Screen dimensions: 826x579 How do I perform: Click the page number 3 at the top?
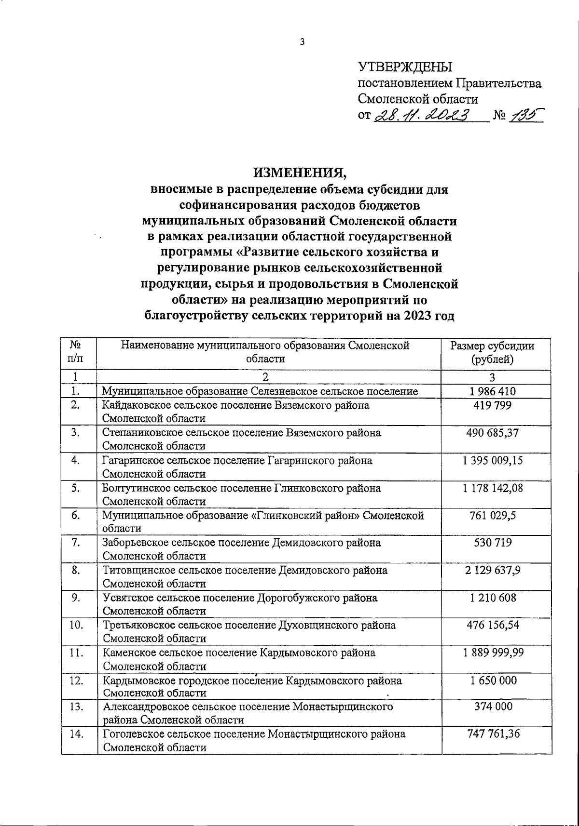pyautogui.click(x=303, y=42)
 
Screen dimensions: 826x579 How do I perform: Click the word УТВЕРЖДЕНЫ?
pyautogui.click(x=405, y=67)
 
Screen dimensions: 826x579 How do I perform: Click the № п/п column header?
pyautogui.click(x=75, y=352)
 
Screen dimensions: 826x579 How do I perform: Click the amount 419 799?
pyautogui.click(x=492, y=405)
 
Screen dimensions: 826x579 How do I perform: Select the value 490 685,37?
pyautogui.click(x=492, y=433)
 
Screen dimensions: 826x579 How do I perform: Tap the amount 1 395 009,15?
pyautogui.click(x=492, y=460)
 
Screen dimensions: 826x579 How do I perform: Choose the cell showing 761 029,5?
pyautogui.click(x=492, y=516)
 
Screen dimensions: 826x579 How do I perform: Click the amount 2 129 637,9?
pyautogui.click(x=492, y=571)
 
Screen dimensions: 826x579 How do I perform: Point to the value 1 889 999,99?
pyautogui.click(x=492, y=653)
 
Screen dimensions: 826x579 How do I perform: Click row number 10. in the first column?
pyautogui.click(x=76, y=626)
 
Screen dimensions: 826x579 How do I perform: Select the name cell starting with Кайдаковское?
pyautogui.click(x=236, y=412)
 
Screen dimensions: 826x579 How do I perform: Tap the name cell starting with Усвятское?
pyautogui.click(x=240, y=604)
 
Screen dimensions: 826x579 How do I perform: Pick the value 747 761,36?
pyautogui.click(x=492, y=734)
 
